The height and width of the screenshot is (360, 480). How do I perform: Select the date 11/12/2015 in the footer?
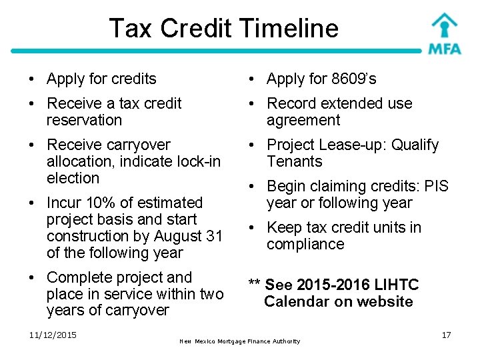click(x=53, y=335)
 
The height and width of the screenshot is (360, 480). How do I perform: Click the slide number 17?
click(x=446, y=335)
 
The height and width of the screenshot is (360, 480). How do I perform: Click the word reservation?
click(x=85, y=121)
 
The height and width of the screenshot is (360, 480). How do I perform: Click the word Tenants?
click(x=294, y=162)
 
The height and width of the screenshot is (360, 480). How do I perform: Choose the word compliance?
click(x=305, y=245)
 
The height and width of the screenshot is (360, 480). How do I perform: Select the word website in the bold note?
click(x=384, y=302)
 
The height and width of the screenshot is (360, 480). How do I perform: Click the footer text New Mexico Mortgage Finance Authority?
click(x=240, y=341)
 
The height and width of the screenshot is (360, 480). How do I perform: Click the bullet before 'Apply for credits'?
click(x=32, y=79)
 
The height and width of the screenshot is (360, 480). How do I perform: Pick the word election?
click(x=73, y=179)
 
